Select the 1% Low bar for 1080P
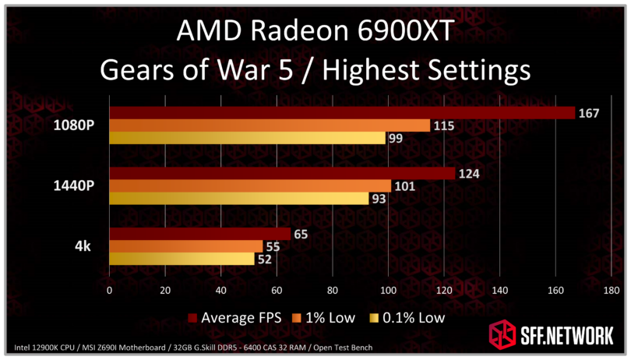(269, 125)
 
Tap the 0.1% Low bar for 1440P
(238, 199)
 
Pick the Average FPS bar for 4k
(199, 234)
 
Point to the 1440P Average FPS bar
(281, 173)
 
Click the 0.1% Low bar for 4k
(182, 259)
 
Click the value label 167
(588, 113)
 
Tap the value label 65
(304, 234)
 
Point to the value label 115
(444, 125)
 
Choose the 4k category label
(83, 246)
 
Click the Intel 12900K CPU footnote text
(47, 347)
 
